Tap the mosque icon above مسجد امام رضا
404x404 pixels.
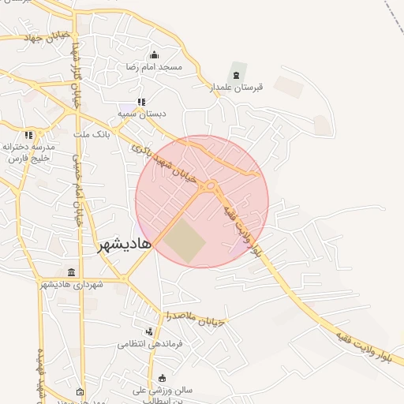(x=154, y=55)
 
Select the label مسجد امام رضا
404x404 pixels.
(x=154, y=67)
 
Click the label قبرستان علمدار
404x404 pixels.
(x=233, y=88)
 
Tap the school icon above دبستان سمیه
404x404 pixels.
(x=141, y=102)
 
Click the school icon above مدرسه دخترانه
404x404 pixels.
(x=28, y=135)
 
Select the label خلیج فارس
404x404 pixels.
(x=29, y=158)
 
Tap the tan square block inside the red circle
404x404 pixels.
(x=183, y=240)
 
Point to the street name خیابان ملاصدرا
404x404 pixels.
(x=195, y=318)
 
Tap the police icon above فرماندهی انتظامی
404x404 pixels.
(x=149, y=332)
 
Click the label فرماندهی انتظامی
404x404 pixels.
(x=150, y=344)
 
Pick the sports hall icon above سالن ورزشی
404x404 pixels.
(x=162, y=378)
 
